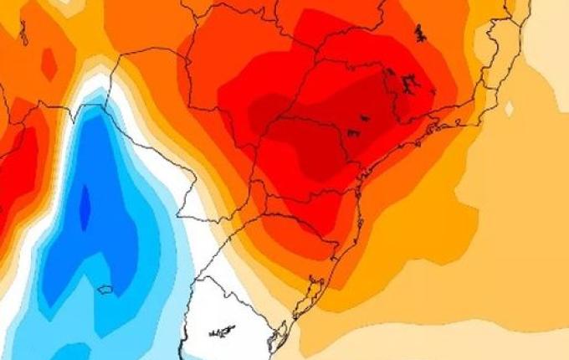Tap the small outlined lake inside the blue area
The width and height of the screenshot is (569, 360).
click(x=105, y=290)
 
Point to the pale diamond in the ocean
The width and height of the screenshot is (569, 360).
click(x=510, y=107)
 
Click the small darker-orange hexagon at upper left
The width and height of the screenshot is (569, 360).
click(x=49, y=64)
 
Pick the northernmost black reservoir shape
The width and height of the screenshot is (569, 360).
click(x=419, y=33)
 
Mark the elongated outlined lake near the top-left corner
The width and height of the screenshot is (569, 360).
click(x=23, y=33)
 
